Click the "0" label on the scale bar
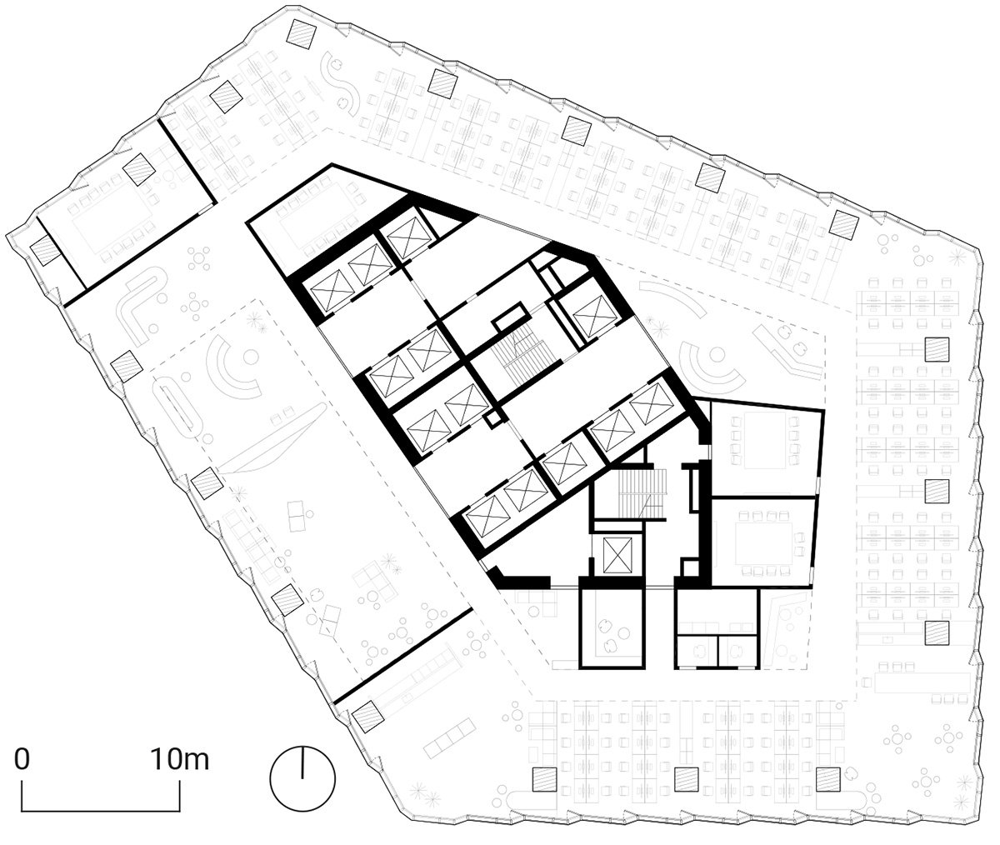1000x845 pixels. [x=22, y=760]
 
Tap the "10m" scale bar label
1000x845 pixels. [x=180, y=760]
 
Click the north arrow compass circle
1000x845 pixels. [x=302, y=778]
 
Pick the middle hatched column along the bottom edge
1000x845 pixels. [x=687, y=779]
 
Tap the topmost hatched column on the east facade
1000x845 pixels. [x=937, y=349]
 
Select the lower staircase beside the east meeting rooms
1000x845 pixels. [x=642, y=493]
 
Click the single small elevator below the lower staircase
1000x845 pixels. [x=618, y=555]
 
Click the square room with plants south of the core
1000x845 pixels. [x=611, y=627]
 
